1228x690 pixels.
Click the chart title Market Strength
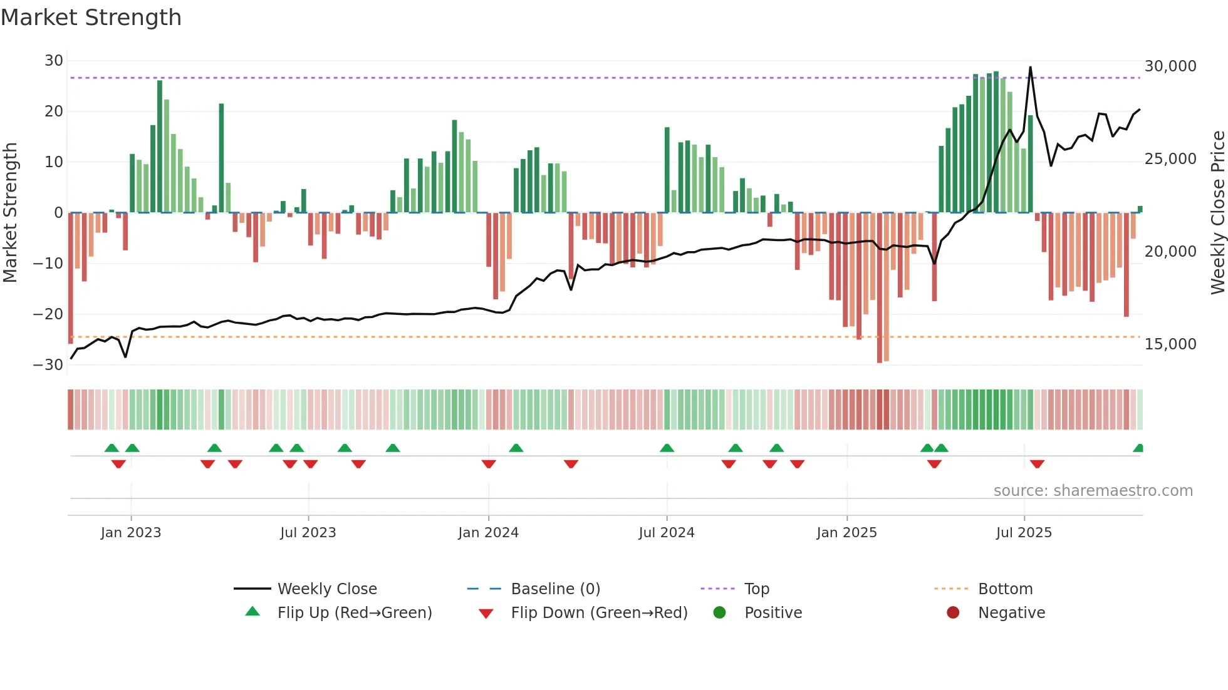91,18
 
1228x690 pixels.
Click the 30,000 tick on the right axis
1170,66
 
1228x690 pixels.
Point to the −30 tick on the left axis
48,365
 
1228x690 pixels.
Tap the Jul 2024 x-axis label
666,533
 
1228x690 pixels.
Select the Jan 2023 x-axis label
130,533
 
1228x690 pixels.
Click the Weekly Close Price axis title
1217,213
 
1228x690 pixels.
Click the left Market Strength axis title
10,213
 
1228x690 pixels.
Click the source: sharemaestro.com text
1093,491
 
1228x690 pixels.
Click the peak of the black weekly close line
1030,68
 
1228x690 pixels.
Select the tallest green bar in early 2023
160,145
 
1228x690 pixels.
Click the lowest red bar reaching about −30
880,288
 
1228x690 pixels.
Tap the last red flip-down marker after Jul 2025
1037,464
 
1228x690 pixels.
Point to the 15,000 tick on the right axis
1170,344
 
